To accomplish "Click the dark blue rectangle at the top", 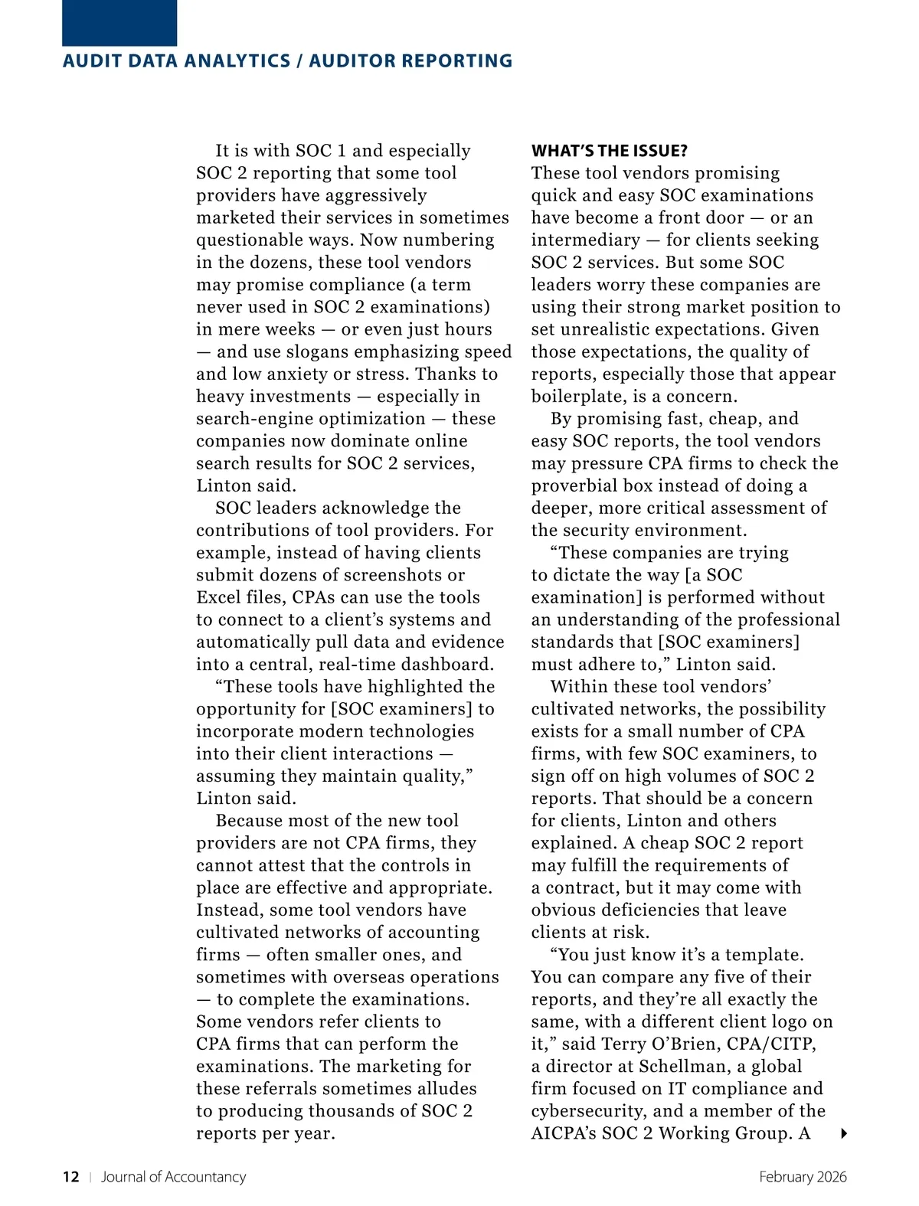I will coord(119,23).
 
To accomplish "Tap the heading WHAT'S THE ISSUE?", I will coord(609,151).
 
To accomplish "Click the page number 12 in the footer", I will coord(70,1177).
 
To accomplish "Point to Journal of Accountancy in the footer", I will coord(173,1177).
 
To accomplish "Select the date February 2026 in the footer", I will coord(803,1177).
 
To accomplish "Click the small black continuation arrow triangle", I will coord(843,1133).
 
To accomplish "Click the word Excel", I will coord(219,597).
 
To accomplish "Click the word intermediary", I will coord(585,240).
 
